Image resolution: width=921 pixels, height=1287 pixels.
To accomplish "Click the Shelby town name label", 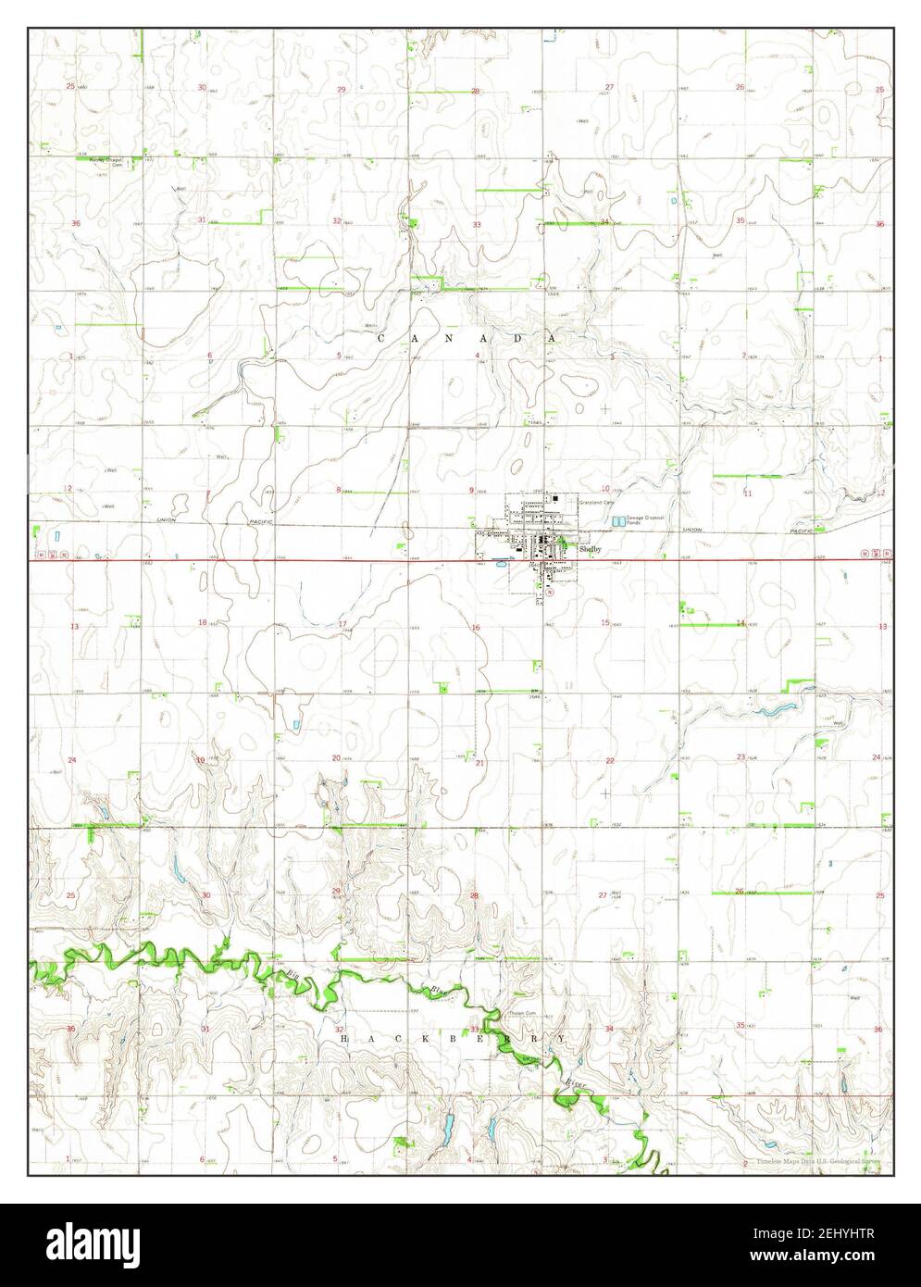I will click(590, 549).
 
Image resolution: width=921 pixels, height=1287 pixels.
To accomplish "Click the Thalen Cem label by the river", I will click(522, 1014).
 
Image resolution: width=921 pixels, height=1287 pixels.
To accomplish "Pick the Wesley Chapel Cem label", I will click(106, 161).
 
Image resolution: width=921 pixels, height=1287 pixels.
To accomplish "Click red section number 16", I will click(476, 628).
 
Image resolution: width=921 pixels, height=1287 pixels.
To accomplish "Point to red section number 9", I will click(472, 490).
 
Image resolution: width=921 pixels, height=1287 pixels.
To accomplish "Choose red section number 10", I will click(604, 488).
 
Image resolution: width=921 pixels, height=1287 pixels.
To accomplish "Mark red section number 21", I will click(479, 763).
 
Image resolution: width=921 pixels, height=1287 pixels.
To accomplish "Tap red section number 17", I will click(342, 624).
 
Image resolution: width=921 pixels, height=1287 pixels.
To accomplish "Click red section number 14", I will click(741, 623).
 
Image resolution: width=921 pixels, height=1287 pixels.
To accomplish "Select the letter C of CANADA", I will click(381, 340).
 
